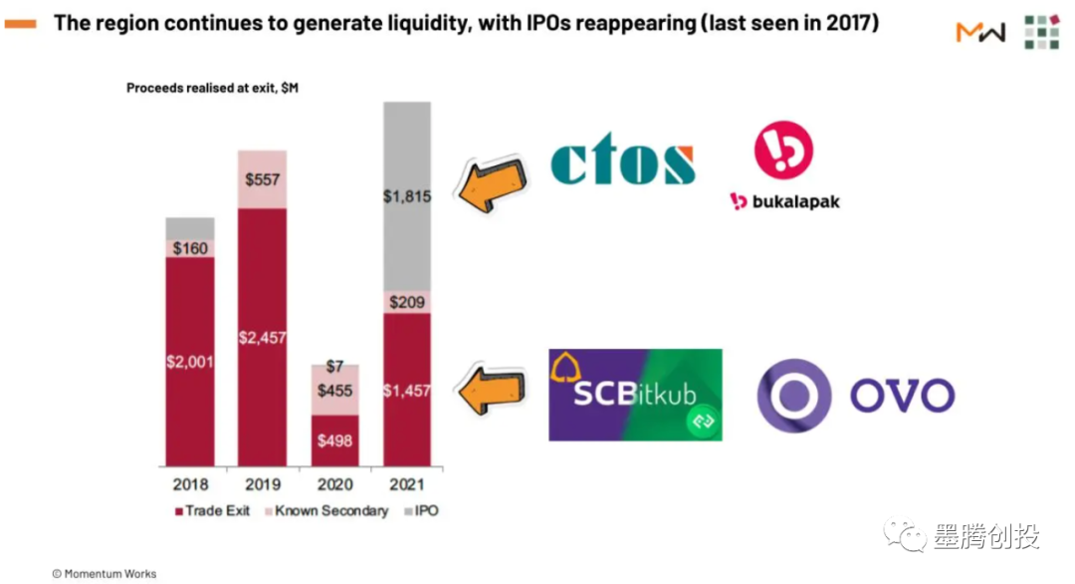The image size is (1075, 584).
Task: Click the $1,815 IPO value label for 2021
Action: (x=407, y=197)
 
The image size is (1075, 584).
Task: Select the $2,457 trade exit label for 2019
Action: (x=262, y=338)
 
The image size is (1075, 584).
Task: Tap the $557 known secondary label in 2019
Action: (x=262, y=180)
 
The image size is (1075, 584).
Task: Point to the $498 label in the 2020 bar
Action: (x=334, y=440)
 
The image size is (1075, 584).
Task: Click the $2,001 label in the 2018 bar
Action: (x=190, y=362)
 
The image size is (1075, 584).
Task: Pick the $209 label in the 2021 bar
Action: (x=407, y=301)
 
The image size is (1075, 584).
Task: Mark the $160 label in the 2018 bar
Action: (x=190, y=248)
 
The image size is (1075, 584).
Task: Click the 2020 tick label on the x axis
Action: (x=334, y=485)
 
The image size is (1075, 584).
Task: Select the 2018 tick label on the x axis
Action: (x=190, y=485)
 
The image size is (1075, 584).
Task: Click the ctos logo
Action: (x=623, y=162)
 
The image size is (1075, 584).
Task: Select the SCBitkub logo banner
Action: (x=635, y=395)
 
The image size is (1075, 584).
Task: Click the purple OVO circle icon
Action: (x=793, y=395)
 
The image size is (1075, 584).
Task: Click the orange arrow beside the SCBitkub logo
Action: (x=490, y=389)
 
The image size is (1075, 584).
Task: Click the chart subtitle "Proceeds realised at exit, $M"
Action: (x=212, y=88)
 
